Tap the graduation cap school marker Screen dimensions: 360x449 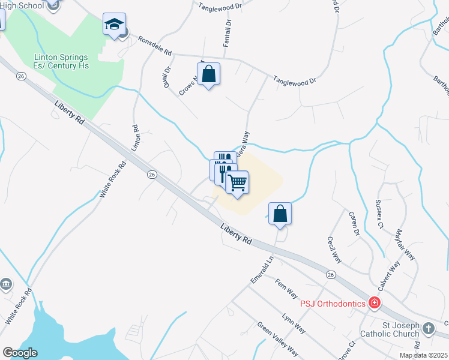(114, 25)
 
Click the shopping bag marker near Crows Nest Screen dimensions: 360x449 (208, 75)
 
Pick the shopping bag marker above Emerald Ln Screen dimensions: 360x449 (280, 214)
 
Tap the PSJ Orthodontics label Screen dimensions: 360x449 (331, 303)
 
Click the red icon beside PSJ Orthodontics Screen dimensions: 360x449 (375, 303)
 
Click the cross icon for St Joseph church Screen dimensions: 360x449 (428, 328)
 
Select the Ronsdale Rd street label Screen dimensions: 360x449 (155, 44)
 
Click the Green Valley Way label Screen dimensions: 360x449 (277, 340)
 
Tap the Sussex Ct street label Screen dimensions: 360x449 (379, 214)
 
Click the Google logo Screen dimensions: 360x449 (20, 353)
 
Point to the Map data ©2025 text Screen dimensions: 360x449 (423, 355)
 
